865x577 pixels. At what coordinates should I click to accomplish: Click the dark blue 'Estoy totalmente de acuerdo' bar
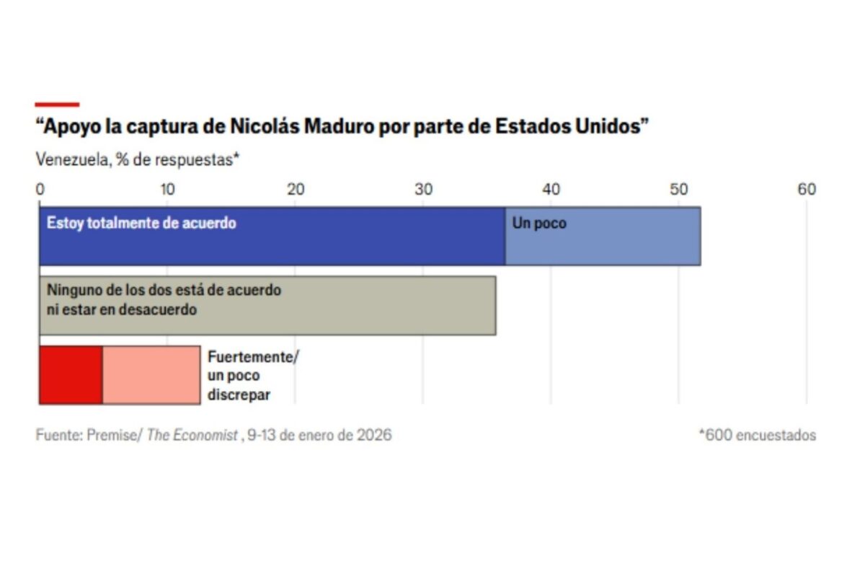(x=272, y=245)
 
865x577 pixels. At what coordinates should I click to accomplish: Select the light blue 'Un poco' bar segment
(x=603, y=245)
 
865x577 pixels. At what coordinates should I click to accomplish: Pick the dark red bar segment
(x=71, y=375)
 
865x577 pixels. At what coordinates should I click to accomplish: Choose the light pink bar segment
(x=151, y=375)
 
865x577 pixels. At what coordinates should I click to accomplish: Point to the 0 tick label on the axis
(x=40, y=190)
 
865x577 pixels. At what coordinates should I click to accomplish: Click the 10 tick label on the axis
(x=167, y=190)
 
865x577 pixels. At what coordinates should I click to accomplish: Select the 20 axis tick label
(x=295, y=190)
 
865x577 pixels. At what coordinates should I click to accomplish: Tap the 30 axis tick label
(x=423, y=190)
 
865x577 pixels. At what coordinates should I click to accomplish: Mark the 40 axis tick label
(x=551, y=190)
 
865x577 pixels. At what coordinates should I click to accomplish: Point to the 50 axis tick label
(x=678, y=190)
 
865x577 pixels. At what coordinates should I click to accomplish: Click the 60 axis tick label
(x=807, y=190)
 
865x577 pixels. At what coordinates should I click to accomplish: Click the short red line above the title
(x=57, y=105)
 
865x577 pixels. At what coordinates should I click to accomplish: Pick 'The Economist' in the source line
(x=192, y=436)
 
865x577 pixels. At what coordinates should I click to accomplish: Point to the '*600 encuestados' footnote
(x=757, y=436)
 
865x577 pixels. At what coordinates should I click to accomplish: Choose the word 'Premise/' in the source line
(x=115, y=436)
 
